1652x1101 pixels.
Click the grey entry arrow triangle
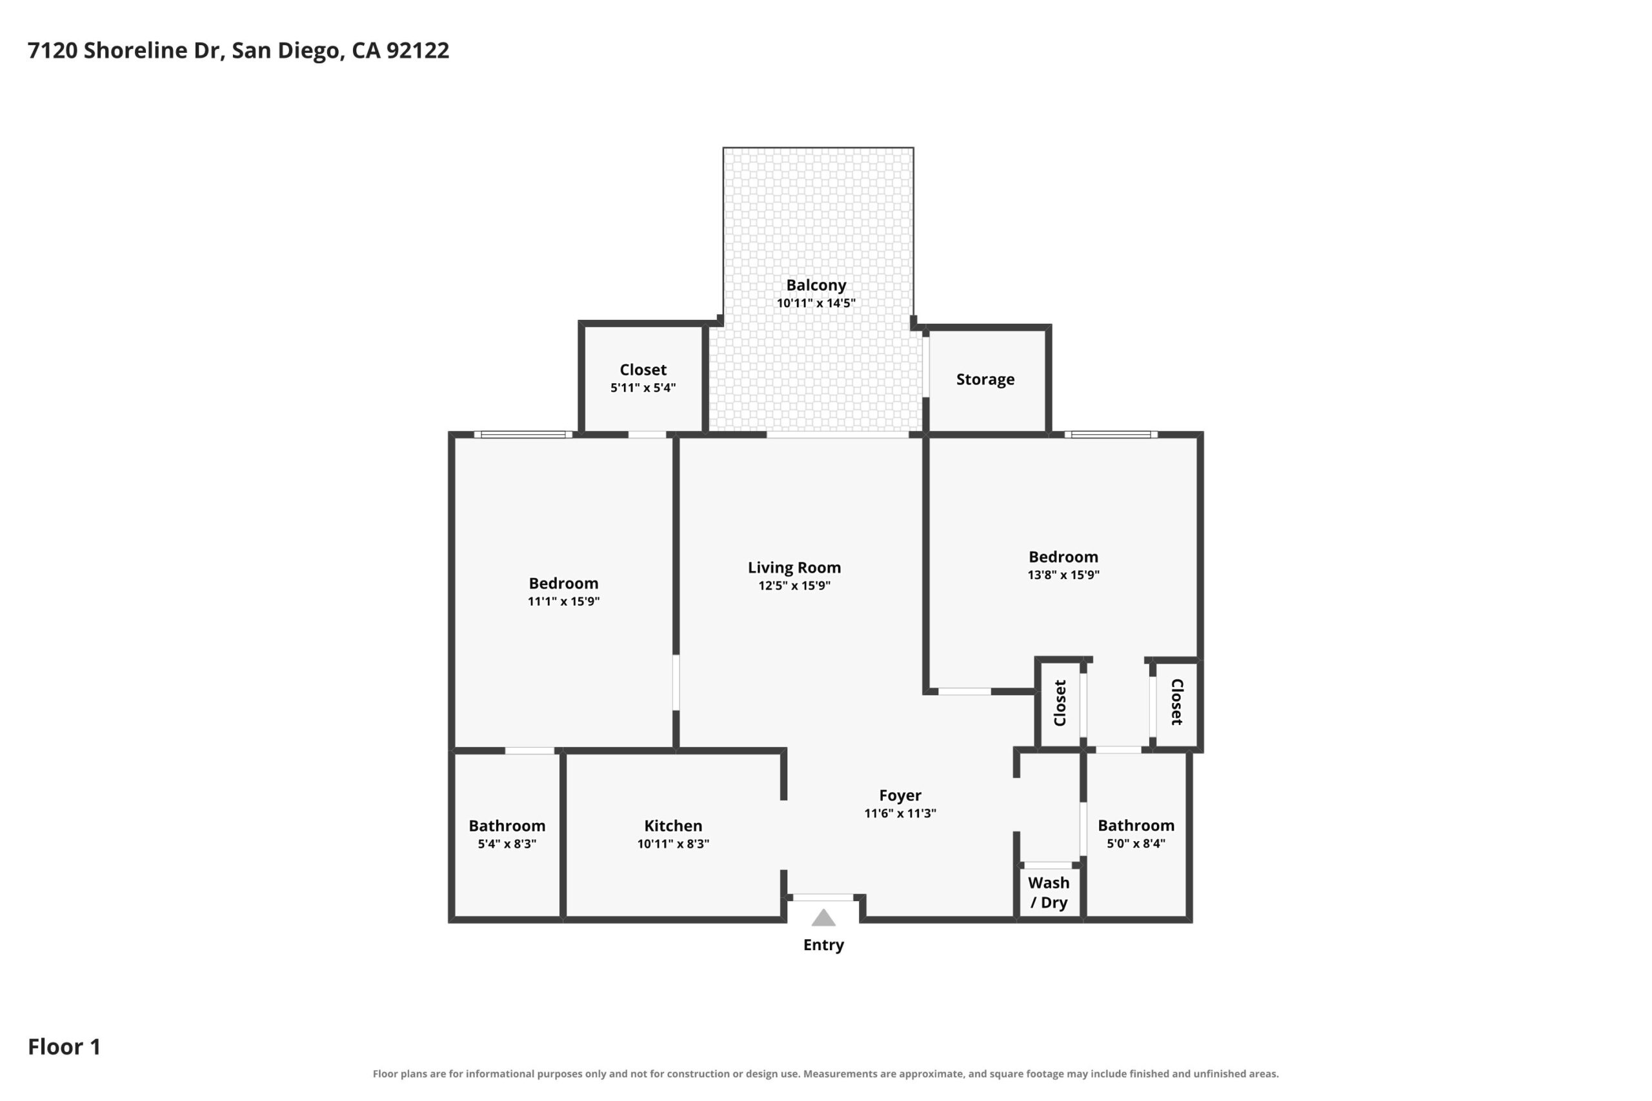pos(823,918)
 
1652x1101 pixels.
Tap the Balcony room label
pos(816,285)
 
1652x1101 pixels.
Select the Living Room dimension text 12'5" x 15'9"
pos(794,586)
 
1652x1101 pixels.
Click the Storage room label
pos(985,379)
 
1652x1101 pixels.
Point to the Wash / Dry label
pos(1049,893)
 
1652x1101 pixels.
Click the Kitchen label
pos(673,826)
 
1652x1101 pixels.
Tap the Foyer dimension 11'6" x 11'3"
pos(900,813)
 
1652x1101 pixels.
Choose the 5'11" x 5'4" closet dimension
pos(643,388)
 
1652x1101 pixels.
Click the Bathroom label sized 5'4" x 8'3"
pos(507,826)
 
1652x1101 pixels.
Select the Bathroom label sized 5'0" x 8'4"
pos(1136,826)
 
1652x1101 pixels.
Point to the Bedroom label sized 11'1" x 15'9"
pos(563,584)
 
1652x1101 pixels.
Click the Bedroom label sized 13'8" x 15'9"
pos(1063,557)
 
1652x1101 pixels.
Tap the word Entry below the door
pos(823,945)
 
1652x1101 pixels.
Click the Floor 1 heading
pos(65,1047)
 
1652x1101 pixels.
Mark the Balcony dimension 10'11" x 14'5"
pos(816,303)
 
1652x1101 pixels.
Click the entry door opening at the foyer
pos(823,897)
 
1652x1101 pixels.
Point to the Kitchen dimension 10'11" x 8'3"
pos(673,844)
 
